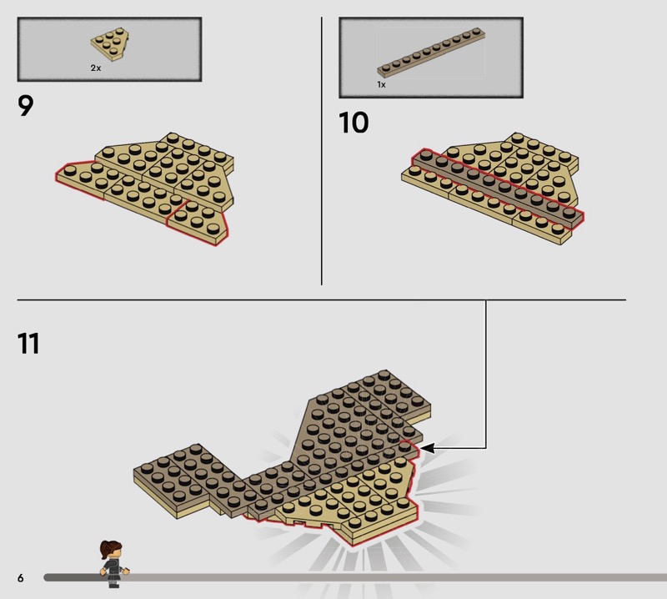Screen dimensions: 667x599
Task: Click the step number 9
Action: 26,106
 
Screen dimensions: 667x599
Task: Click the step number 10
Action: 354,123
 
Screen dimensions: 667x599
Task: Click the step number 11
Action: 28,344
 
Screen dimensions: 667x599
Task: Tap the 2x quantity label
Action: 96,68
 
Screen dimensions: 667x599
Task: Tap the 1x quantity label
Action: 381,85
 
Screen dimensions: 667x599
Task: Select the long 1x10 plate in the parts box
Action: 431,52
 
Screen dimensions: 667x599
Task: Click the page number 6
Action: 20,577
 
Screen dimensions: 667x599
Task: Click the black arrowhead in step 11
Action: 427,448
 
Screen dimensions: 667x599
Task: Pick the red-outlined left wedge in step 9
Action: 80,179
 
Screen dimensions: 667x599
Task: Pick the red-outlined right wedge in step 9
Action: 198,223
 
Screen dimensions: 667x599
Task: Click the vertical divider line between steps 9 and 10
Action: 322,151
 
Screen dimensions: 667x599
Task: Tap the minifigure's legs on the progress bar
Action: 113,581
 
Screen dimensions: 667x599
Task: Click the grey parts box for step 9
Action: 109,49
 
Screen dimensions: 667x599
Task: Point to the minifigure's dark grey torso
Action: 113,567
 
